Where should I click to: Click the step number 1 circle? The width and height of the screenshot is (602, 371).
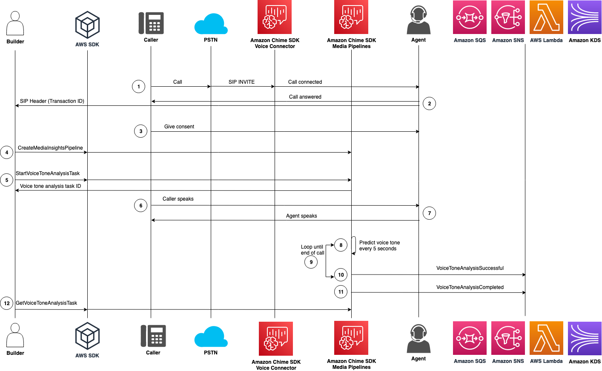[138, 87]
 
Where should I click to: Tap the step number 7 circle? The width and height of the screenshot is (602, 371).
[429, 213]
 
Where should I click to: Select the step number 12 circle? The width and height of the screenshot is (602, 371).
[7, 303]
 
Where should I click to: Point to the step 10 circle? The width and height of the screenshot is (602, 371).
[341, 275]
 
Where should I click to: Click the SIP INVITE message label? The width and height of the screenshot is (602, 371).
[241, 82]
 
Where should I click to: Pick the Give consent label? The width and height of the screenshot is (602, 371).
[179, 127]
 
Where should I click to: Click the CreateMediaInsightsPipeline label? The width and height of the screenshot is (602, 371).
[50, 148]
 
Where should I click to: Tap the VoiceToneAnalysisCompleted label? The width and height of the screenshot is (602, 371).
[470, 287]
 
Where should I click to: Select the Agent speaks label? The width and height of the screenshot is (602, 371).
[301, 216]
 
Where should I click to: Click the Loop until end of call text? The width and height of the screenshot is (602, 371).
[312, 250]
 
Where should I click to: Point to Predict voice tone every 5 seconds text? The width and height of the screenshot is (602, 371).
[379, 246]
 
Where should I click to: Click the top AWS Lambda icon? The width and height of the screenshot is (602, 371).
[546, 17]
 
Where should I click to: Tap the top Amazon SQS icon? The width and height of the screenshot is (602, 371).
[470, 17]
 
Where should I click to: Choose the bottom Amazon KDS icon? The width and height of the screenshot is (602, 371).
[585, 338]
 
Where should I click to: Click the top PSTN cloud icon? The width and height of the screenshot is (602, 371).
[211, 24]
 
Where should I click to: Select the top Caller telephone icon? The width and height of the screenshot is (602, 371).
[151, 23]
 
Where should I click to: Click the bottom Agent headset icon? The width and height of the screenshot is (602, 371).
[419, 339]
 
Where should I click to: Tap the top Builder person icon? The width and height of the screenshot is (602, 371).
[15, 23]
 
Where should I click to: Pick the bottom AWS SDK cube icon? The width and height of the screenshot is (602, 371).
[87, 336]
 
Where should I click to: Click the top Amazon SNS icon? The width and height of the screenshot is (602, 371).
[508, 17]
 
